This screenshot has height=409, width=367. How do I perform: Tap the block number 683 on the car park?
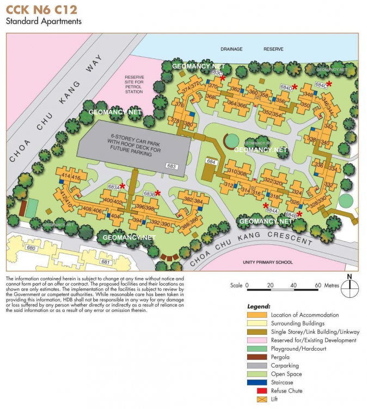click(172, 166)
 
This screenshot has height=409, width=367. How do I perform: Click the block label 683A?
click(113, 187)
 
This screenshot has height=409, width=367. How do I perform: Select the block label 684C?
click(321, 85)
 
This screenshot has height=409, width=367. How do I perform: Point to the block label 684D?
click(285, 87)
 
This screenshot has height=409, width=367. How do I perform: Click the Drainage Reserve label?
click(252, 49)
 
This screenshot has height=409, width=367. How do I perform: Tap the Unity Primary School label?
click(267, 262)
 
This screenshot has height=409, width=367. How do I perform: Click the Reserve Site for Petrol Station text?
click(134, 85)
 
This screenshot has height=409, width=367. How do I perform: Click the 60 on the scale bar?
click(317, 285)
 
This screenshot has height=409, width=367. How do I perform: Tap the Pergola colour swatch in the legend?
click(258, 357)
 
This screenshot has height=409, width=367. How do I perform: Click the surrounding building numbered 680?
click(30, 249)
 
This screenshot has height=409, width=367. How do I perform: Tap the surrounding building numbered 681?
click(106, 262)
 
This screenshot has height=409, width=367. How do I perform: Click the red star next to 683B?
click(158, 193)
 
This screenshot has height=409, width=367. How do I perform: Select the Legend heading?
click(259, 306)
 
